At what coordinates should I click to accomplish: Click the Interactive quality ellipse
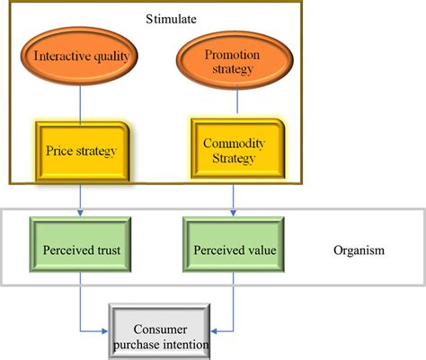tap(79, 57)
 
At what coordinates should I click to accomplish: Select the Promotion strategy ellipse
tap(235, 60)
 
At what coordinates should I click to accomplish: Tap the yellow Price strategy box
tap(83, 152)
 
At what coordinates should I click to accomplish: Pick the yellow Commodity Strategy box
tap(238, 149)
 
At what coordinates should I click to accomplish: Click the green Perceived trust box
tap(80, 244)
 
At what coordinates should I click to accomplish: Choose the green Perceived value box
tap(234, 244)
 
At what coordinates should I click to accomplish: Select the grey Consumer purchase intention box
tap(159, 331)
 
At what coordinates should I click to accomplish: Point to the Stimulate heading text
tap(171, 19)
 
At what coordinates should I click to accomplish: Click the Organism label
tap(359, 250)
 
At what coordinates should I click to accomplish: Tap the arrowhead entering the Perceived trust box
tap(80, 213)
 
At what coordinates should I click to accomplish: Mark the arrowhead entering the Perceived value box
tap(234, 213)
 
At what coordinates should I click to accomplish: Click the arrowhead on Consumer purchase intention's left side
tap(105, 331)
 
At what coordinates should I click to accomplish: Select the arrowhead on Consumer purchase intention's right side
tap(214, 331)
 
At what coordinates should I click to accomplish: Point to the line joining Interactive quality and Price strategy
tap(80, 103)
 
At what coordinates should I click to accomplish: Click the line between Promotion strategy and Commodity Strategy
tap(237, 101)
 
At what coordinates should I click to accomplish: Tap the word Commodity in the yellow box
tap(234, 144)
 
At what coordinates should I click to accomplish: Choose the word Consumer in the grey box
tap(160, 329)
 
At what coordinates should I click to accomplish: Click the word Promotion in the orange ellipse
tap(232, 55)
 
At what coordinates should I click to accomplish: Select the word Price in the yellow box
tap(59, 151)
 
